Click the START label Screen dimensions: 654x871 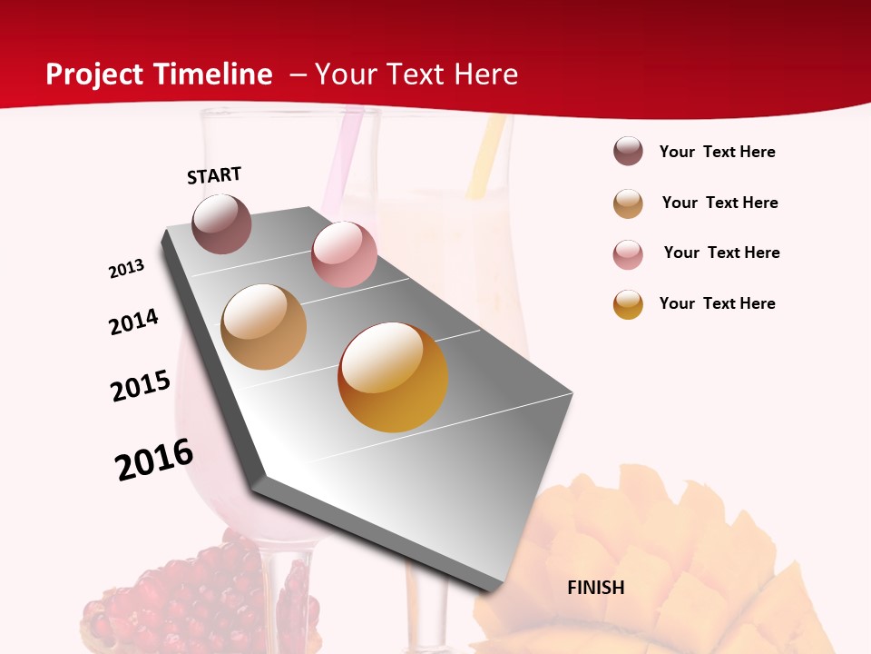tap(214, 175)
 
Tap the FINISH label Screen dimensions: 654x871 tap(596, 588)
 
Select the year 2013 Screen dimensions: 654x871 tap(127, 269)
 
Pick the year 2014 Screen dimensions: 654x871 tap(134, 322)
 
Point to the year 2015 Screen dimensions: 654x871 tap(141, 386)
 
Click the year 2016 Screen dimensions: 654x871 tap(154, 460)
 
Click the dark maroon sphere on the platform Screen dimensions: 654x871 tap(222, 224)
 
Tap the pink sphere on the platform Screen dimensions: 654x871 tap(344, 254)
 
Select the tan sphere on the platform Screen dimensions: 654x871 tap(264, 327)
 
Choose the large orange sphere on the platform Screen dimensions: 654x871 tap(393, 377)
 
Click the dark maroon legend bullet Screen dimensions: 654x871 tap(628, 152)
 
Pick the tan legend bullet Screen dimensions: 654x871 tap(628, 203)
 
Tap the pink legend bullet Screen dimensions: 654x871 tap(628, 254)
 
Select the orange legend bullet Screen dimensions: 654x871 tap(628, 304)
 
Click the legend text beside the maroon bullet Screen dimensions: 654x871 tap(717, 153)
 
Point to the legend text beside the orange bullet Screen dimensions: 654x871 tap(717, 303)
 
